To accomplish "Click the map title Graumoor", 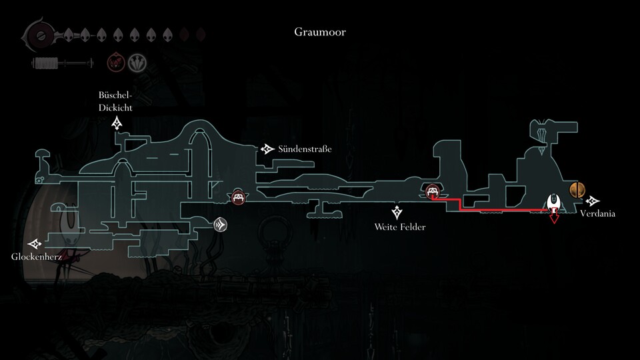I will point(319,32).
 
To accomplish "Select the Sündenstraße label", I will point(306,149).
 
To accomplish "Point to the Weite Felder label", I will point(400,227).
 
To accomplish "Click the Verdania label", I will point(597,214).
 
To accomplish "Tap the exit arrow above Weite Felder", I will point(398,213).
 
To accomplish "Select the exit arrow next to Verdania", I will point(593,201).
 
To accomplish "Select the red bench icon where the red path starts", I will point(433,193).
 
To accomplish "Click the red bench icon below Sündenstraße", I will point(238,197).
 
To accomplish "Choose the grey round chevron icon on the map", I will point(221,225).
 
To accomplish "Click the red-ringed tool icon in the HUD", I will point(117,64).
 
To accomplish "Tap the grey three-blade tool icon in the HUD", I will point(138,64).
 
